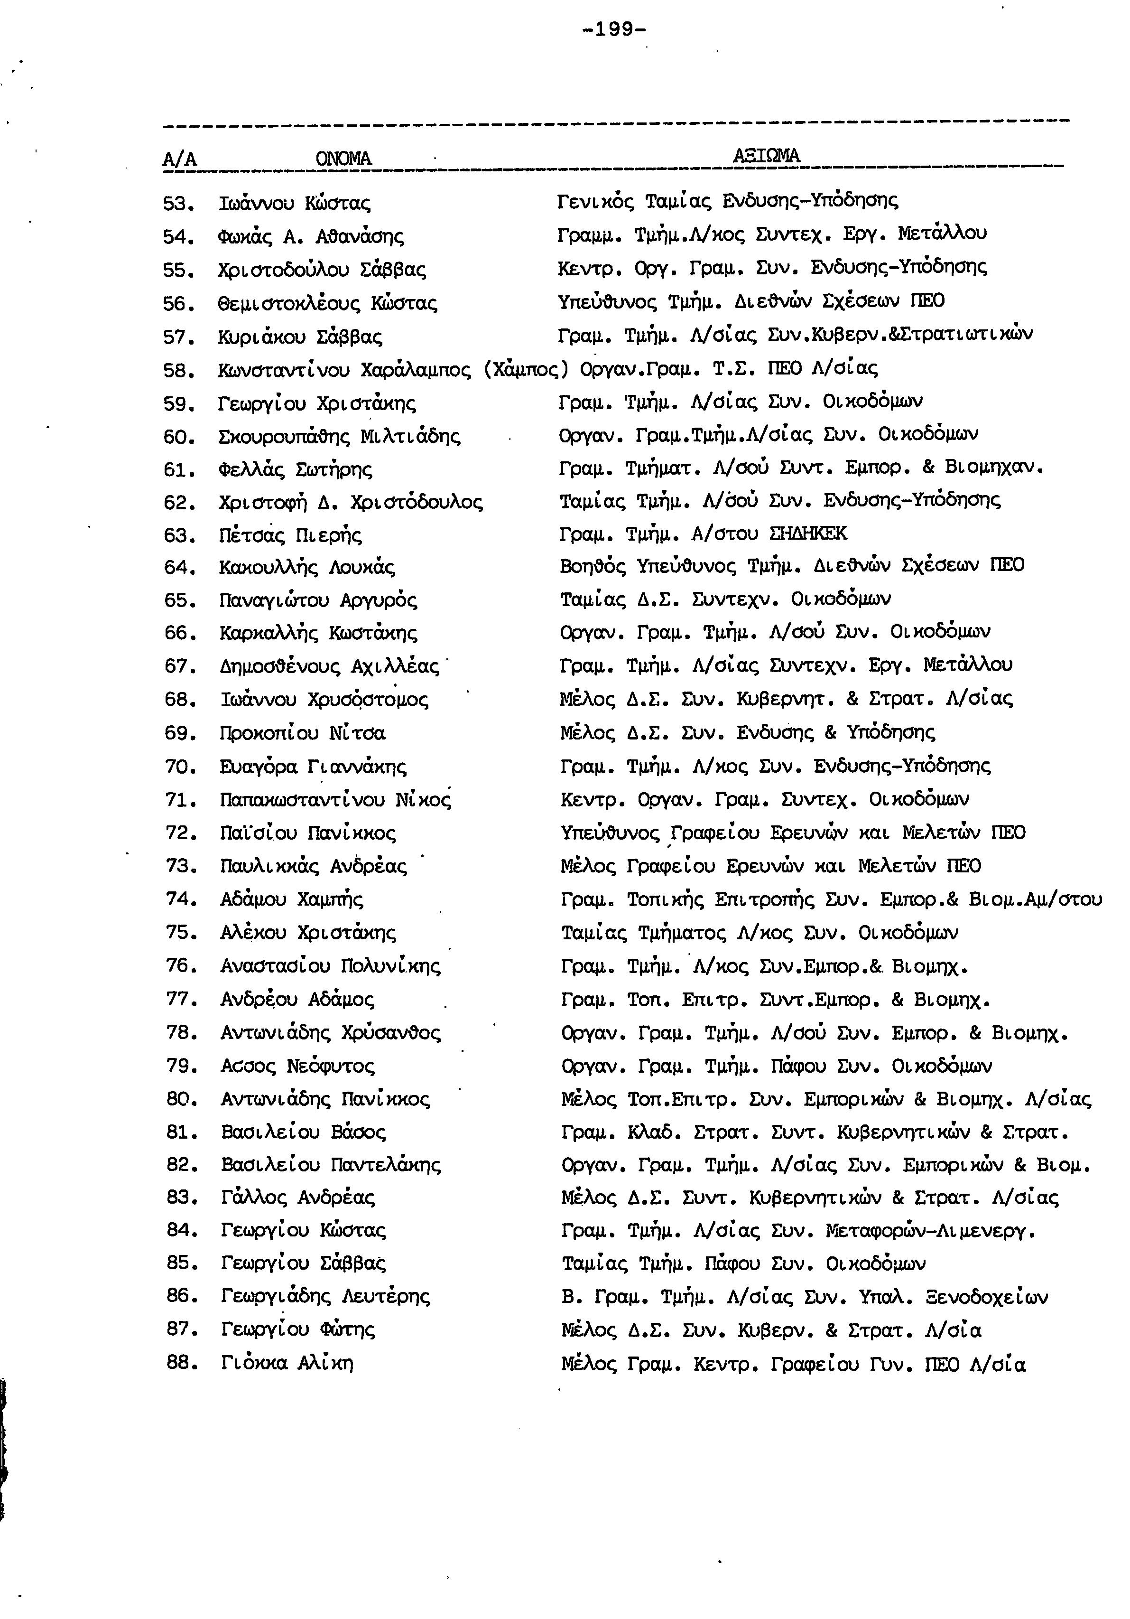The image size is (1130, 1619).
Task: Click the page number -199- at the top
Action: [615, 29]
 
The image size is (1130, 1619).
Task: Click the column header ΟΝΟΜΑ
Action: [343, 158]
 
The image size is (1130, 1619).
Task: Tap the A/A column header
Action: [179, 160]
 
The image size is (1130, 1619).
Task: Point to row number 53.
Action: [177, 205]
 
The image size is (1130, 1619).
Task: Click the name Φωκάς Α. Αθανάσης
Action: [311, 237]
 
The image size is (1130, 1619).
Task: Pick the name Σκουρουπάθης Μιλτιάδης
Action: [340, 437]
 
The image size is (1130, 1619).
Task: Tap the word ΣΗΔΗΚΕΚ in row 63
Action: [808, 534]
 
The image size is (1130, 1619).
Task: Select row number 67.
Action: [179, 666]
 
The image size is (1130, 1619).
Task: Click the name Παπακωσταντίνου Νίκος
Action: [335, 800]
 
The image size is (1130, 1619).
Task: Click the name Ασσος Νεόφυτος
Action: [297, 1066]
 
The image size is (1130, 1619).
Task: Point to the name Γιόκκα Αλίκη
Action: [287, 1364]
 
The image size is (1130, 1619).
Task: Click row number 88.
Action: [180, 1364]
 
